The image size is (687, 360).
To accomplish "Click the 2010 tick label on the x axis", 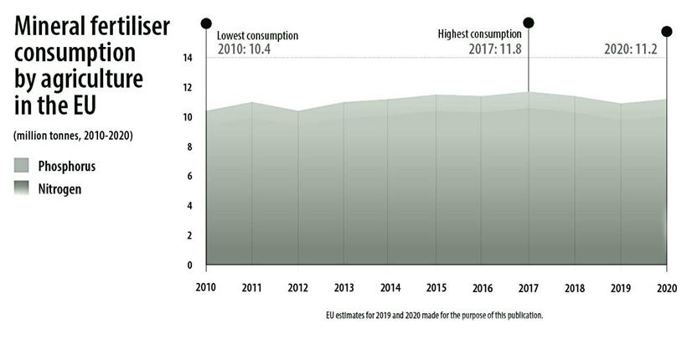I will (x=206, y=287).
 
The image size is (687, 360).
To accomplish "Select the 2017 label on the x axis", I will (x=528, y=287).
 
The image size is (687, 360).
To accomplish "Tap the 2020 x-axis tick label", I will (x=666, y=287).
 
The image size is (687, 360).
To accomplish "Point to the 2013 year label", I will (x=343, y=287).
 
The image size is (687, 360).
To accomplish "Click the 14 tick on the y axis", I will (x=188, y=58).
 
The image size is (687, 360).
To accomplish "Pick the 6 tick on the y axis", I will (x=190, y=177).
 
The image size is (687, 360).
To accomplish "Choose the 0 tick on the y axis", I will (x=190, y=265).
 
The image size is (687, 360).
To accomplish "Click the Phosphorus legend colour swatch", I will (x=23, y=166).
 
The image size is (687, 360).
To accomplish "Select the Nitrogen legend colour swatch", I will (x=23, y=189).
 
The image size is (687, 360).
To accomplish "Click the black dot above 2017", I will (x=528, y=23).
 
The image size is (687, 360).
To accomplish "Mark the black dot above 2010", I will (x=206, y=23).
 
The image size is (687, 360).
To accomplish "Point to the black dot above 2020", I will (x=666, y=32).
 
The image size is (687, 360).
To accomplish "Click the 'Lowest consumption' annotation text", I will (x=257, y=36).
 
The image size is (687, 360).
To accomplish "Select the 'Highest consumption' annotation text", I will (x=479, y=34).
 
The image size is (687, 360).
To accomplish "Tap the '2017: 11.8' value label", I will (x=494, y=49).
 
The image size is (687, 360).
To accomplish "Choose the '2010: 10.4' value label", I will (x=244, y=49).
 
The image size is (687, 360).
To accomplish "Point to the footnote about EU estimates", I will (x=435, y=316).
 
